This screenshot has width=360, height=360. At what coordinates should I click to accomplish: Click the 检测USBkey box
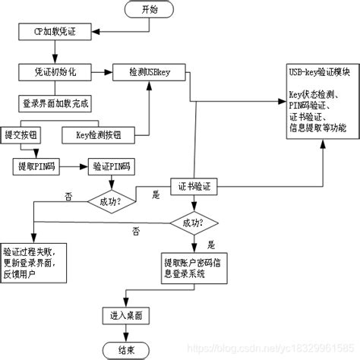pos(149,72)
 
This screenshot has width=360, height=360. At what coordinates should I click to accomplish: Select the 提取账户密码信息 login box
pos(193,266)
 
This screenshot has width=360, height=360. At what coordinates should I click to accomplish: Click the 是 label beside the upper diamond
pos(157,195)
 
